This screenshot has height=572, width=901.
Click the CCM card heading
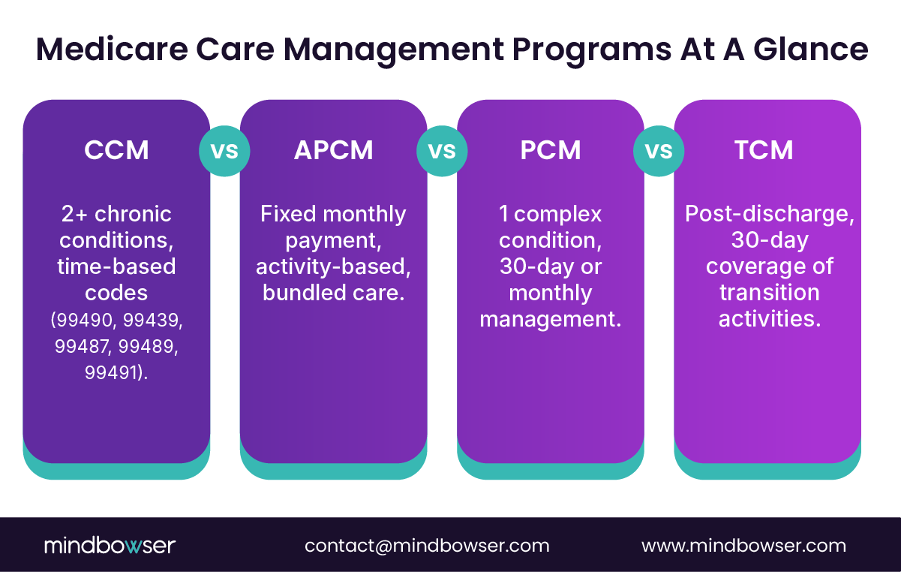(x=116, y=150)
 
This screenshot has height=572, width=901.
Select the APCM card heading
(x=334, y=150)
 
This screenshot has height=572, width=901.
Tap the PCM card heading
(x=551, y=150)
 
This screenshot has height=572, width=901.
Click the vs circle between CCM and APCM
(x=224, y=151)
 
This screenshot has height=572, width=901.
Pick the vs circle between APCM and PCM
(x=442, y=151)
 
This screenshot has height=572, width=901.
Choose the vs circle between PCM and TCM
(x=659, y=151)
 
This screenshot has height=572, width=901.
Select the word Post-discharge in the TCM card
(x=768, y=215)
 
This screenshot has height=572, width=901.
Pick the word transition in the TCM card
(x=768, y=293)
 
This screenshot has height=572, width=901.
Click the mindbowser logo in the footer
(x=110, y=546)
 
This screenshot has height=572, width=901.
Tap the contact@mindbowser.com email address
(x=427, y=546)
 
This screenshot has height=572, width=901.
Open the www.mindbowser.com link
(x=743, y=546)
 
